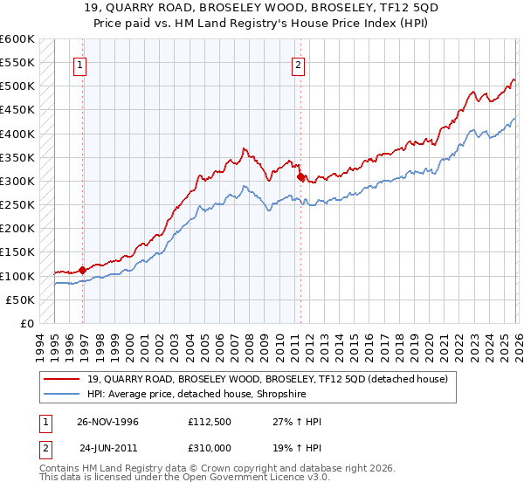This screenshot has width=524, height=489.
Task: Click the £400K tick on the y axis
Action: point(17,134)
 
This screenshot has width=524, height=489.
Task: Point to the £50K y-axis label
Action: point(20,300)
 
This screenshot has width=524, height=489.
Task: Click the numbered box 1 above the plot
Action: point(80,64)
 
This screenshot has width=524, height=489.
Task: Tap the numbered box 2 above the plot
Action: point(298,64)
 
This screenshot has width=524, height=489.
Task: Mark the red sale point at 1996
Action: point(82,270)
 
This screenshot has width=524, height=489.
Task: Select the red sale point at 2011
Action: point(300,176)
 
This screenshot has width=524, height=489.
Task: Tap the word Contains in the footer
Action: point(62,470)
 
